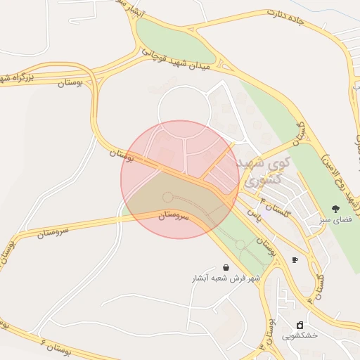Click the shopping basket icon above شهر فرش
[225, 267]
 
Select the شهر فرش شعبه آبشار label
[226, 278]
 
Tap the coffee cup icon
[295, 260]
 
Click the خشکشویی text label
[300, 335]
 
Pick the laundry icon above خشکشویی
[300, 325]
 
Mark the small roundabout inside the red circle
[167, 197]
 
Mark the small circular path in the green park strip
[241, 245]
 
